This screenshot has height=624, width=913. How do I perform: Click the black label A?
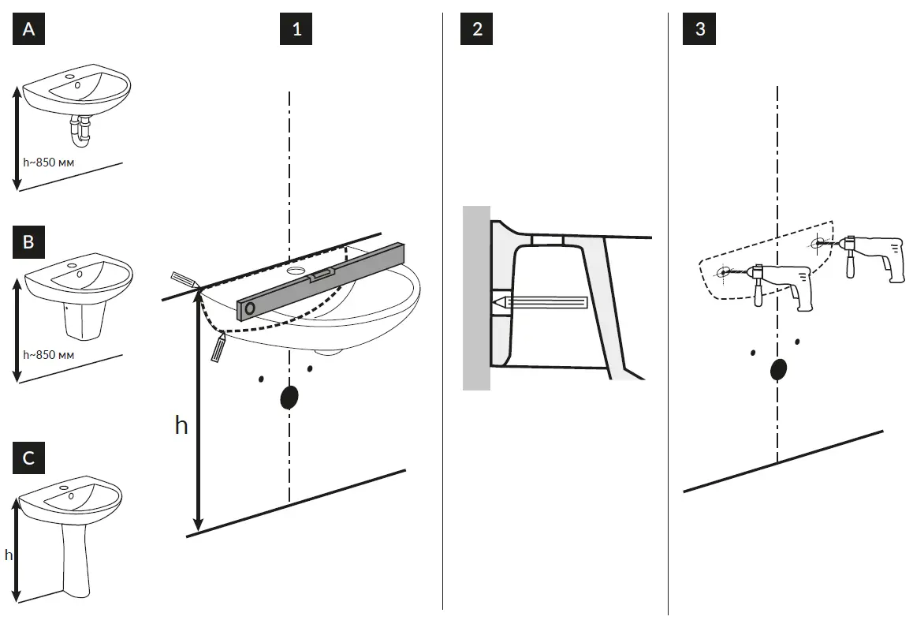click(29, 29)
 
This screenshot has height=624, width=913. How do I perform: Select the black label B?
click(29, 242)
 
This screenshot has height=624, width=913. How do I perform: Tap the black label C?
click(29, 458)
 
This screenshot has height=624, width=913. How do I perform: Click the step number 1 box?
click(296, 29)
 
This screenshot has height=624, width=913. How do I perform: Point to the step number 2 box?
click(477, 29)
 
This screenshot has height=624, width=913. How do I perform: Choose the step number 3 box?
click(701, 29)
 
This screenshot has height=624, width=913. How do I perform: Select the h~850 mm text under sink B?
click(49, 354)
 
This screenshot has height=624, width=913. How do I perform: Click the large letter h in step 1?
click(181, 425)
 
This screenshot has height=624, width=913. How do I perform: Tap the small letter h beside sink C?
click(9, 555)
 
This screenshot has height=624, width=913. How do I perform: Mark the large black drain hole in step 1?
click(289, 397)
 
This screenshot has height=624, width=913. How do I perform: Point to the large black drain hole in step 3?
click(778, 369)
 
